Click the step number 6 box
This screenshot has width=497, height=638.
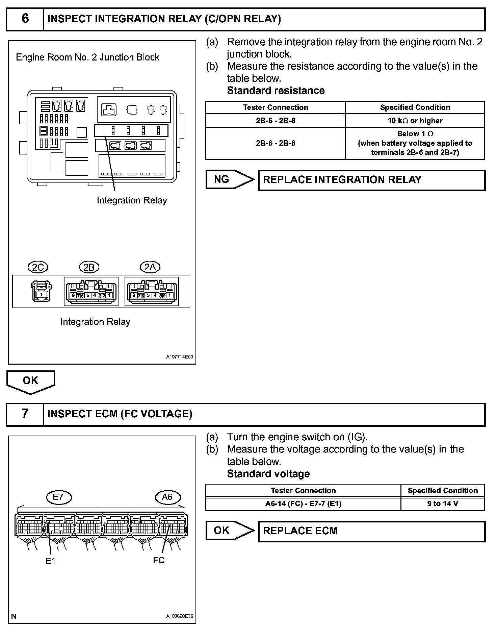tap(25, 19)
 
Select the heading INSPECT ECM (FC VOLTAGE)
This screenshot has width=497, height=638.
tap(120, 414)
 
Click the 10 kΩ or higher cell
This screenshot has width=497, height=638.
tap(415, 121)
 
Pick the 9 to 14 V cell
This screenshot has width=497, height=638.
tap(443, 504)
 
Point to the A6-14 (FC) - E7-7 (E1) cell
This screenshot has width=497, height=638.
tap(303, 504)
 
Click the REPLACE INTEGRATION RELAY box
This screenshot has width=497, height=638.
tap(371, 180)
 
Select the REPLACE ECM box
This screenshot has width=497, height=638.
tap(371, 531)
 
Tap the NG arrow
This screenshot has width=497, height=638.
tap(230, 179)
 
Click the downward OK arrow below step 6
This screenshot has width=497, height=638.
tap(30, 382)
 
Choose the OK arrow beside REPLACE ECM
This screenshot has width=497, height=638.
tap(230, 530)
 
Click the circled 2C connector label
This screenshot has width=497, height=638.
tap(38, 268)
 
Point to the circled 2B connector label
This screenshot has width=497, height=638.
tap(89, 268)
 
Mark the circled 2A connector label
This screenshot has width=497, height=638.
tap(150, 268)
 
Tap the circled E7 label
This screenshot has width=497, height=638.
tap(58, 497)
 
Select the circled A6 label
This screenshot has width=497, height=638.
tap(168, 497)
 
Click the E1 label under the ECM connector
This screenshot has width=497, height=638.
tap(50, 561)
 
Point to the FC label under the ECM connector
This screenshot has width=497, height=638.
tap(159, 560)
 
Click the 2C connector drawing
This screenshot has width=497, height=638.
tap(41, 291)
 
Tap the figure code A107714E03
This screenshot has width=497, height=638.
tap(180, 357)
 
